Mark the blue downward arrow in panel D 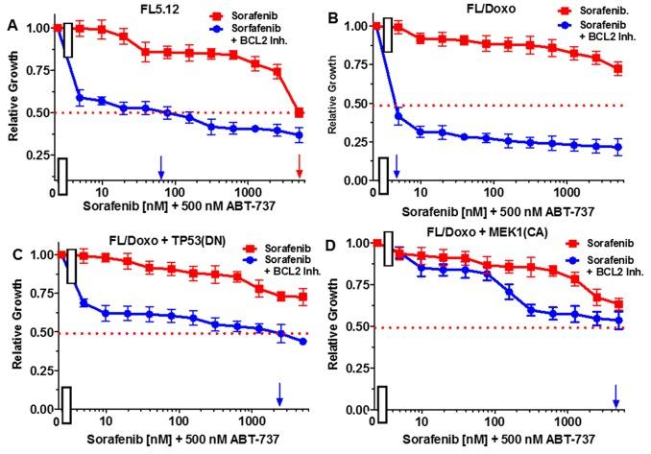point(616,394)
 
